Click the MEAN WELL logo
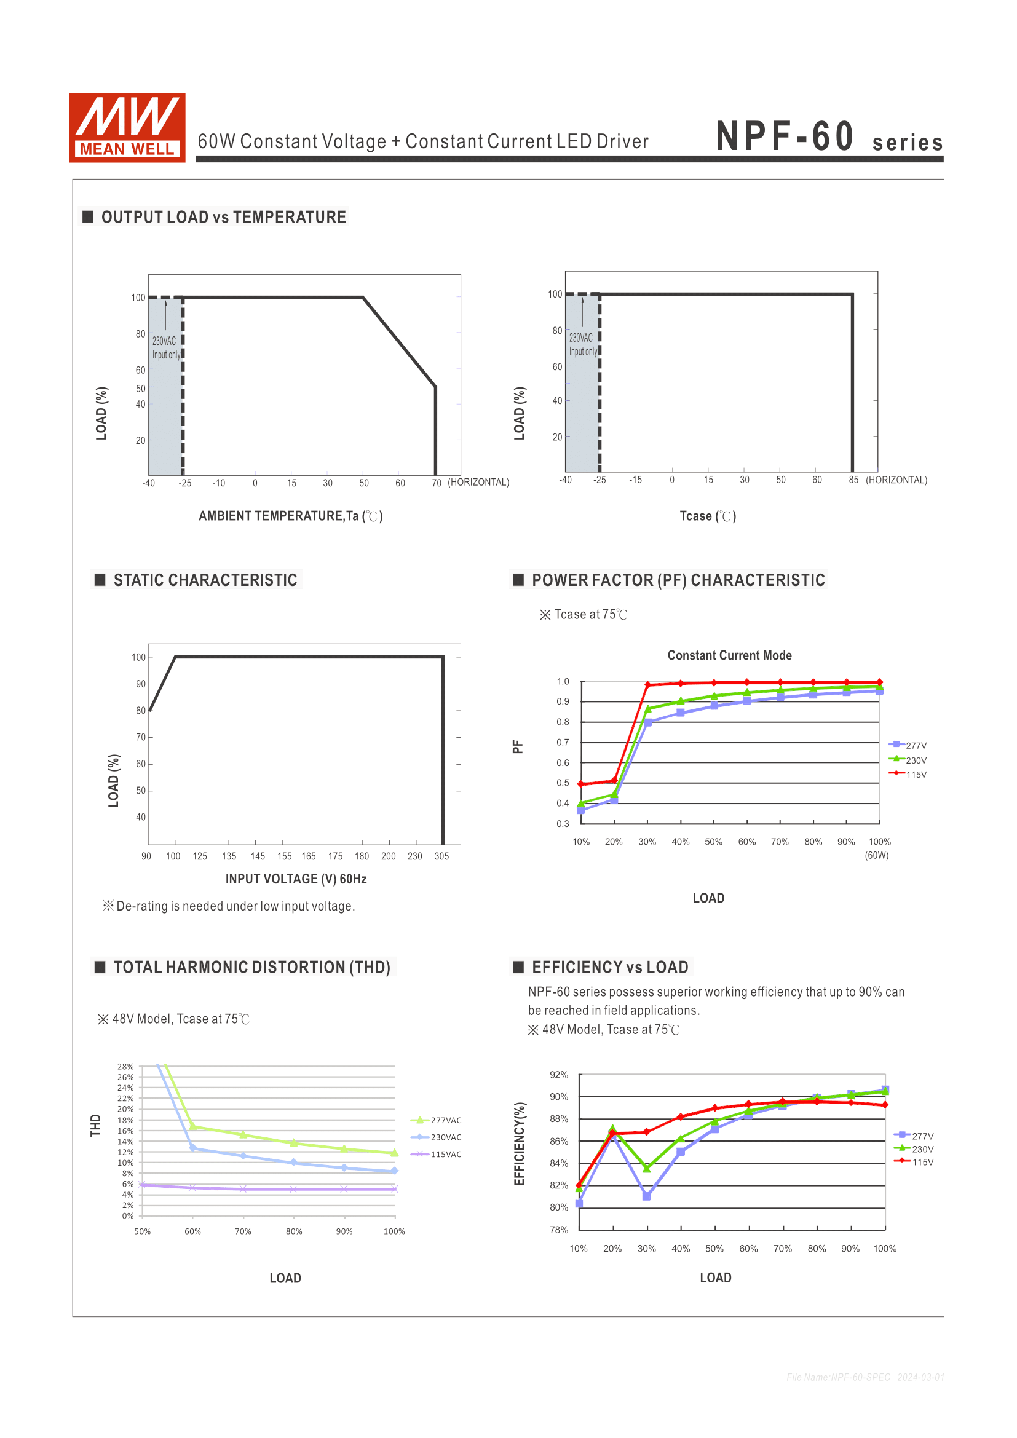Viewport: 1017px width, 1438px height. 127,128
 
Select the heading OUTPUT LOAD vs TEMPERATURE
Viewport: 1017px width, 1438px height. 223,217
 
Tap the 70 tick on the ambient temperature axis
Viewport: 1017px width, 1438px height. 437,483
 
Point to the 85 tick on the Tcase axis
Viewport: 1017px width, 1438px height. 853,480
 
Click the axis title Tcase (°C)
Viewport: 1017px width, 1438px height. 708,516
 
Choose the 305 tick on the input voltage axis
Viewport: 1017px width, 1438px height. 441,856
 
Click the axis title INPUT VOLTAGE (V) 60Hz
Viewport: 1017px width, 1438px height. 296,879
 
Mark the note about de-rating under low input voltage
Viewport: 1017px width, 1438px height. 229,906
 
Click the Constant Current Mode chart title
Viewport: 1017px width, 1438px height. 729,655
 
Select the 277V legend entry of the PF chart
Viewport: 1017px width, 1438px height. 908,745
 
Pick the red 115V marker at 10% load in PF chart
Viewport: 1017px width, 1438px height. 581,784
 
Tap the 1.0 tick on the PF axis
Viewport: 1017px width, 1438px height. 563,681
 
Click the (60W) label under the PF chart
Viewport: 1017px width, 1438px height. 877,856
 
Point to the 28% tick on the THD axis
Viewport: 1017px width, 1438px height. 125,1066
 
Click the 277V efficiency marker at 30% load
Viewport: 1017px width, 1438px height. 647,1196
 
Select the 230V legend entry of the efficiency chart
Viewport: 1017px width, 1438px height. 914,1149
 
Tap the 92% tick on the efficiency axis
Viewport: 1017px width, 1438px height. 558,1075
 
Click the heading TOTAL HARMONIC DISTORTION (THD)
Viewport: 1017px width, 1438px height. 251,967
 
